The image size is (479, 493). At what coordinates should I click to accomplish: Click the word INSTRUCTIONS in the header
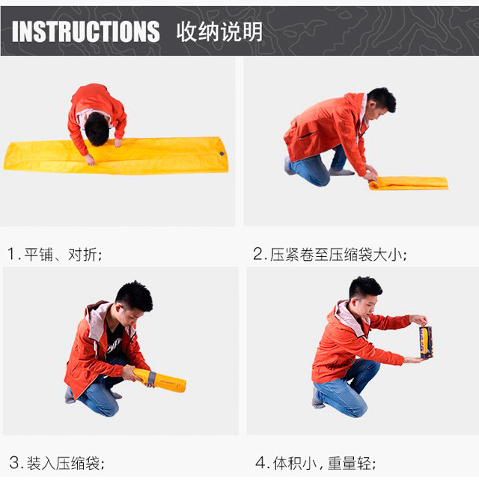[x=86, y=31]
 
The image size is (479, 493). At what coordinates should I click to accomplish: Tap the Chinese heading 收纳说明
[x=219, y=31]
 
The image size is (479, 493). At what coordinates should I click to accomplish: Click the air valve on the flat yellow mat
[x=222, y=154]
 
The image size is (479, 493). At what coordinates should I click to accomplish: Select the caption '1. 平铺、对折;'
[x=55, y=254]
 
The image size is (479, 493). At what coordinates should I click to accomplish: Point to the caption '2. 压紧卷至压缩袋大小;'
[x=330, y=254]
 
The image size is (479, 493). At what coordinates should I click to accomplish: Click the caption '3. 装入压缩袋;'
[x=57, y=463]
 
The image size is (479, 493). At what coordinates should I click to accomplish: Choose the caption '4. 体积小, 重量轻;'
[x=316, y=463]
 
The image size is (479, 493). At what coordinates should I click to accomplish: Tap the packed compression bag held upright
[x=426, y=342]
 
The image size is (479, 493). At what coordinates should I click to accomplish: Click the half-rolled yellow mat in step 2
[x=409, y=184]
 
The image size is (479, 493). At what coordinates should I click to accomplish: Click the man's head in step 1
[x=97, y=129]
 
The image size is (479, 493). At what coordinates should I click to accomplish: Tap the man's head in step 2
[x=381, y=101]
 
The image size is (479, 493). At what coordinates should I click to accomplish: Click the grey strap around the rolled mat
[x=152, y=379]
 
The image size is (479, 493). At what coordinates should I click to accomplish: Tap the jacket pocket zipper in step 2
[x=307, y=136]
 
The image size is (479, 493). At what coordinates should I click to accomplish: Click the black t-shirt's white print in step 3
[x=115, y=345]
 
